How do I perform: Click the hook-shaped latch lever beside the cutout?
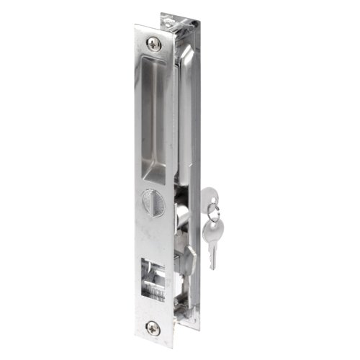(x=189, y=257)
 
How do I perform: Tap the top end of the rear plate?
(x=177, y=16)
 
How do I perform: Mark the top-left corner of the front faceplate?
(x=135, y=27)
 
